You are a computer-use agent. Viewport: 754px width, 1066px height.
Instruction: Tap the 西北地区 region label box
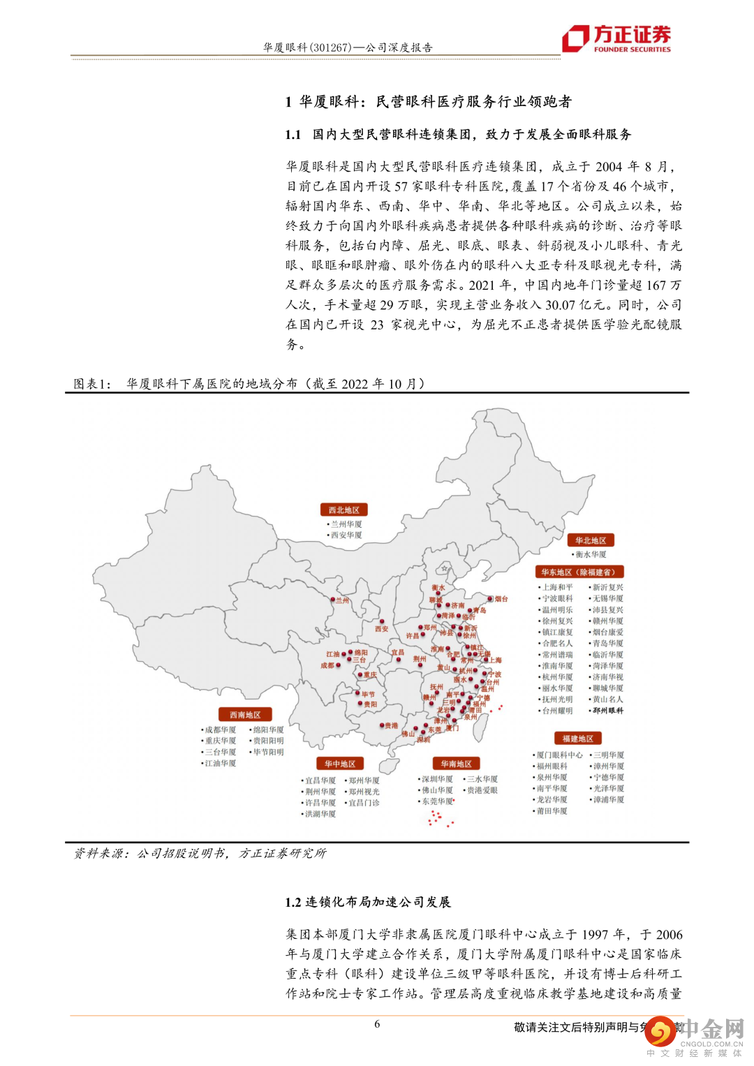coord(343,510)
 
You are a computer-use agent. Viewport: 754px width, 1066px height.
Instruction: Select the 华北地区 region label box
coord(591,540)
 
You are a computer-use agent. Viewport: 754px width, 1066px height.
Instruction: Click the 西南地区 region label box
coord(245,715)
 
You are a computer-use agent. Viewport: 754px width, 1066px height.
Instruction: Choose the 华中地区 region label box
coord(340,764)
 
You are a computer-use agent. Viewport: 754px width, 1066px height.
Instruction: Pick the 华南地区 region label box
coord(457,764)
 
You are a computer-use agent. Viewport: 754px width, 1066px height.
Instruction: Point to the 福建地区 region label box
coord(577,739)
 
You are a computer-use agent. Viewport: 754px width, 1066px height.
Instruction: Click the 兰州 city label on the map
coord(342,600)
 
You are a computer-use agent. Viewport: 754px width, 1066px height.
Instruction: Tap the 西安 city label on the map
coord(381,629)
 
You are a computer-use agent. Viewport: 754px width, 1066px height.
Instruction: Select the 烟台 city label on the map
coord(501,599)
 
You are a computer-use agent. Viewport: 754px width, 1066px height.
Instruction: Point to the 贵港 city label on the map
coord(391,726)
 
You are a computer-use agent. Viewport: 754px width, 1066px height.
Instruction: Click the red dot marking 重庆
coord(360,675)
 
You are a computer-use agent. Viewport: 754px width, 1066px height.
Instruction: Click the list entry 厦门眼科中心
coord(559,755)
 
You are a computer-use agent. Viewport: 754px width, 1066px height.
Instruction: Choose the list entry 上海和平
coord(558,588)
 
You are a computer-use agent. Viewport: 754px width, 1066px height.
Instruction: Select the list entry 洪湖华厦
coord(320,814)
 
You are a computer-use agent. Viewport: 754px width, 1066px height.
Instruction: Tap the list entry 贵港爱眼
coord(482,790)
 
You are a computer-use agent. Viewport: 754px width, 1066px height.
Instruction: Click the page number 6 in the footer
coord(377,1024)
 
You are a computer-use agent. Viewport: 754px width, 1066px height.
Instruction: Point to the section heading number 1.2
coord(293,902)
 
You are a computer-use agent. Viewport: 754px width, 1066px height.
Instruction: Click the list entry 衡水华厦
coord(591,554)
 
